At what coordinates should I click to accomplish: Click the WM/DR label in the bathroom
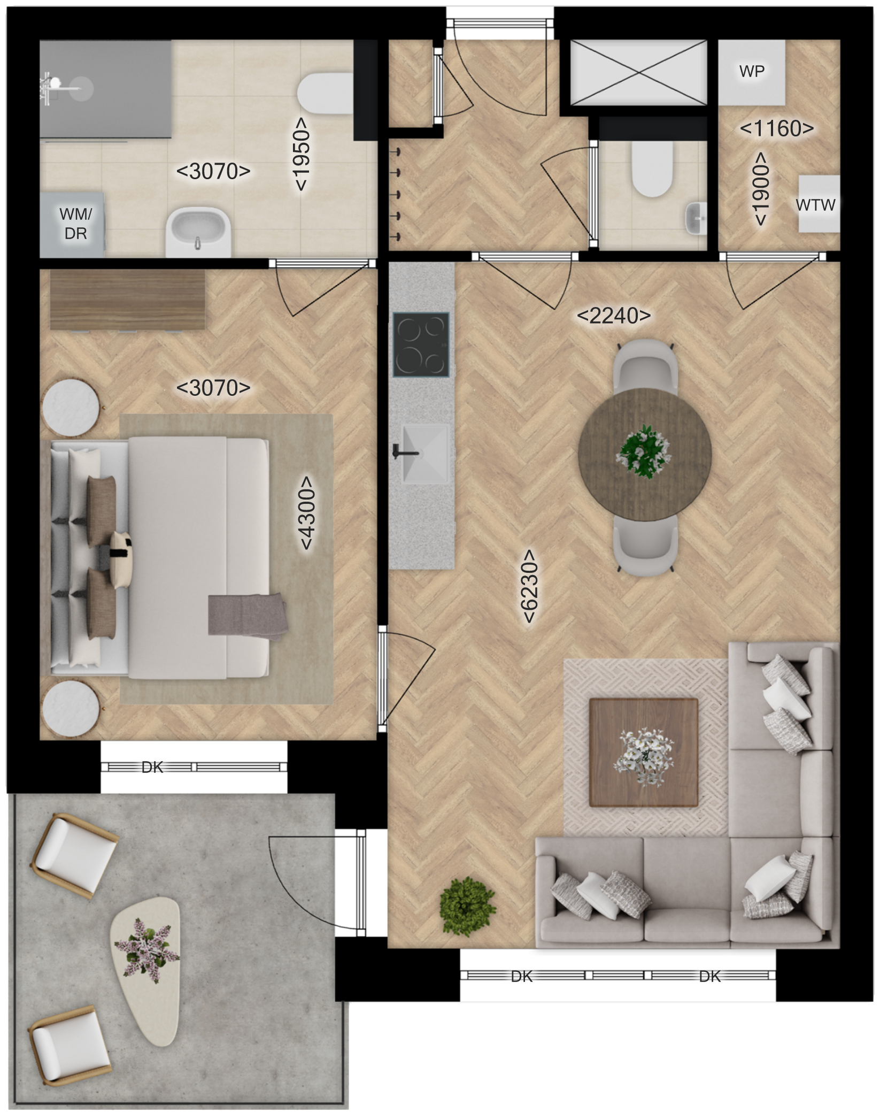click(75, 224)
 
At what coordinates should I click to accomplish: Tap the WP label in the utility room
click(752, 71)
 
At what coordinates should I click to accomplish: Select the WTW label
click(815, 204)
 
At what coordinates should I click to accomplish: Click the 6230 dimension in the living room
click(529, 586)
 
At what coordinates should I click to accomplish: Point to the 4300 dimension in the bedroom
click(306, 512)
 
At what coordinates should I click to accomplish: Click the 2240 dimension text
click(614, 316)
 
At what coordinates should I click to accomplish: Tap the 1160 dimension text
click(777, 128)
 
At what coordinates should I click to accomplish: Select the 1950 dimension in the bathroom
click(301, 154)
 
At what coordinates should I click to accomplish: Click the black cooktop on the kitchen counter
click(421, 345)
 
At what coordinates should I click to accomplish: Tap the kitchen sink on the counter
click(424, 454)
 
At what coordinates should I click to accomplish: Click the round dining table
click(645, 455)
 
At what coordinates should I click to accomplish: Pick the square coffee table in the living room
click(644, 752)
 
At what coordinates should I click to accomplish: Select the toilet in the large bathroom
click(324, 95)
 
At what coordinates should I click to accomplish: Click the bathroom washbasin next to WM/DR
click(198, 233)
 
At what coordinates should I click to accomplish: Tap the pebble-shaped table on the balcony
click(145, 970)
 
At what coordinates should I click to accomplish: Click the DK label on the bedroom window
click(152, 768)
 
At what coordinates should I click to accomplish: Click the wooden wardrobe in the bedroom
click(128, 300)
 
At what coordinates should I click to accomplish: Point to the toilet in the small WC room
click(651, 168)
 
